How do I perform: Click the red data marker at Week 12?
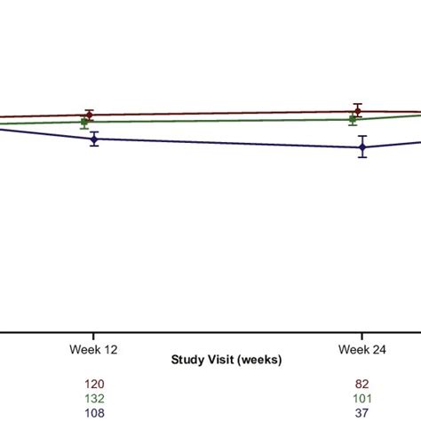pos(89,115)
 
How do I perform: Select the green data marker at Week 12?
pos(84,122)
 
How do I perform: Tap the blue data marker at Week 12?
pos(93,139)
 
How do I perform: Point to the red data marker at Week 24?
pos(357,111)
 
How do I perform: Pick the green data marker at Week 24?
pos(353,119)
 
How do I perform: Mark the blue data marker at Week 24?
pos(362,147)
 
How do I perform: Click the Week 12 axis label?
pos(93,350)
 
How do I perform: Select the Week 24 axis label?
pos(361,350)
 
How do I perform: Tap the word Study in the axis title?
pos(187,361)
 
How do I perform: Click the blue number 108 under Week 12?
pos(93,413)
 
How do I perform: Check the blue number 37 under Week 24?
pos(361,413)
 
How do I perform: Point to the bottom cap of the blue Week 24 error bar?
pos(362,158)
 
